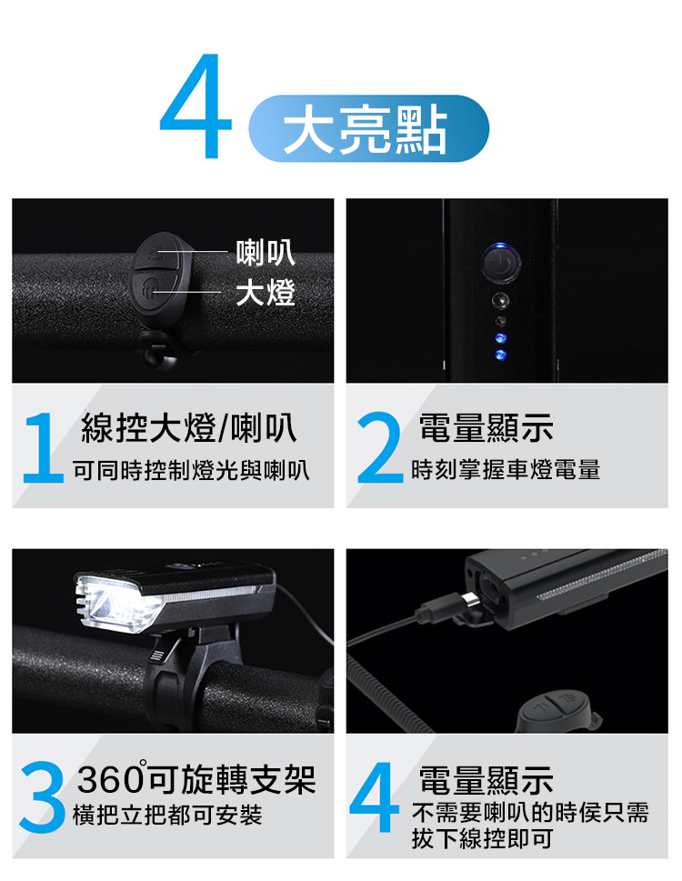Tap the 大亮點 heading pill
[x=368, y=129]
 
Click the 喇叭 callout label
[x=266, y=252]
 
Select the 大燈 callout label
[x=266, y=293]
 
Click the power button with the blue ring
[x=500, y=262]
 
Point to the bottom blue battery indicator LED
[x=499, y=355]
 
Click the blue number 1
[x=43, y=447]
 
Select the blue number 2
[x=380, y=447]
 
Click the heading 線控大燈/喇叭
[x=189, y=427]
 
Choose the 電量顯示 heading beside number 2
[x=486, y=427]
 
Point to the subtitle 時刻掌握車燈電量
[x=506, y=470]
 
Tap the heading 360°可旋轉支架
[x=196, y=779]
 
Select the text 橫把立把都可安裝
[x=167, y=816]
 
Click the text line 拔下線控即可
[x=482, y=839]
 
